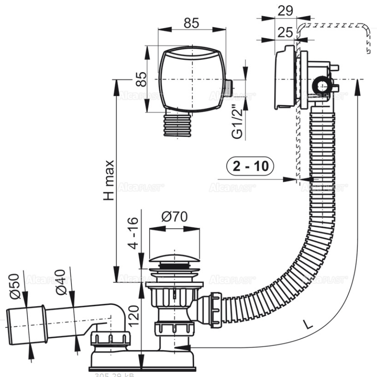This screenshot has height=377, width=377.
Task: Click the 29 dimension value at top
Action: coord(285,11)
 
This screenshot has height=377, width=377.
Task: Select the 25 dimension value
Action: coord(285,31)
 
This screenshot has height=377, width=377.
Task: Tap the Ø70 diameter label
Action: coord(174,216)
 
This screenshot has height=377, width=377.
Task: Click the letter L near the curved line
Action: coord(309,325)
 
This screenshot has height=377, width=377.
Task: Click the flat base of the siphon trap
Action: coord(142,360)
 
